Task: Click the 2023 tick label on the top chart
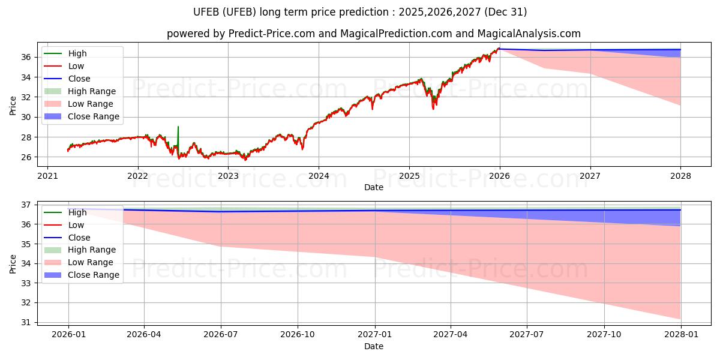228,176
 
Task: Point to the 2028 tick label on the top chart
680,176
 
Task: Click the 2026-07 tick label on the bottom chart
220,335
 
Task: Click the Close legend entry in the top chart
79,79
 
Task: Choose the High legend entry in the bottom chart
77,212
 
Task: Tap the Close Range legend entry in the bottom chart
94,275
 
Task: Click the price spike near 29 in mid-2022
178,127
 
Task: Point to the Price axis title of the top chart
13,106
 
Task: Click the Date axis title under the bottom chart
373,346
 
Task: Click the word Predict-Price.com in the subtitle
272,34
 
